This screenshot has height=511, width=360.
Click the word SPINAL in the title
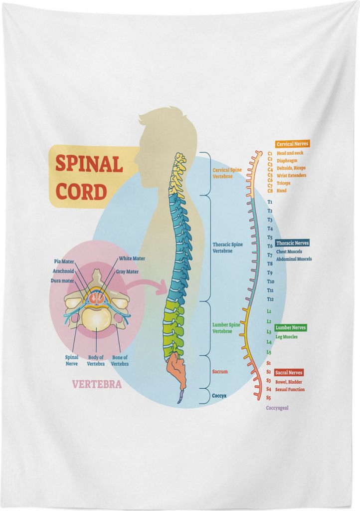pos(89,164)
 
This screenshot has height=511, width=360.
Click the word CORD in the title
pos(81,192)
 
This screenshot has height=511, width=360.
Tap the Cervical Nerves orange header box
pos(292,144)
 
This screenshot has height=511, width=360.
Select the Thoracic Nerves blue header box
pos(292,243)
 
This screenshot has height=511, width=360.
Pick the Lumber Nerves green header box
pos(290,327)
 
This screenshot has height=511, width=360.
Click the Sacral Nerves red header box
pos(288,372)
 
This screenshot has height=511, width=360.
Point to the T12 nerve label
pos(270,299)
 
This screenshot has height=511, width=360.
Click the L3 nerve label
pos(269,332)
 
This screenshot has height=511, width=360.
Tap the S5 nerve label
pos(269,398)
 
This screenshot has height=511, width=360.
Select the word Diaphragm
pos(287,161)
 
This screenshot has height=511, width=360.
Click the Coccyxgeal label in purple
pos(277,408)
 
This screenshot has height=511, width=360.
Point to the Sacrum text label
pos(220,371)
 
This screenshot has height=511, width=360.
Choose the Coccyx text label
pos(219,396)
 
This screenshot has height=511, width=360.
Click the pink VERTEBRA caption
pos(97,384)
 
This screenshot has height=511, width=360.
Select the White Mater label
pos(132,258)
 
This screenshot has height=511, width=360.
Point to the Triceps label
pos(284,183)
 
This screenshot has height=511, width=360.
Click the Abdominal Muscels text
pos(294,259)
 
